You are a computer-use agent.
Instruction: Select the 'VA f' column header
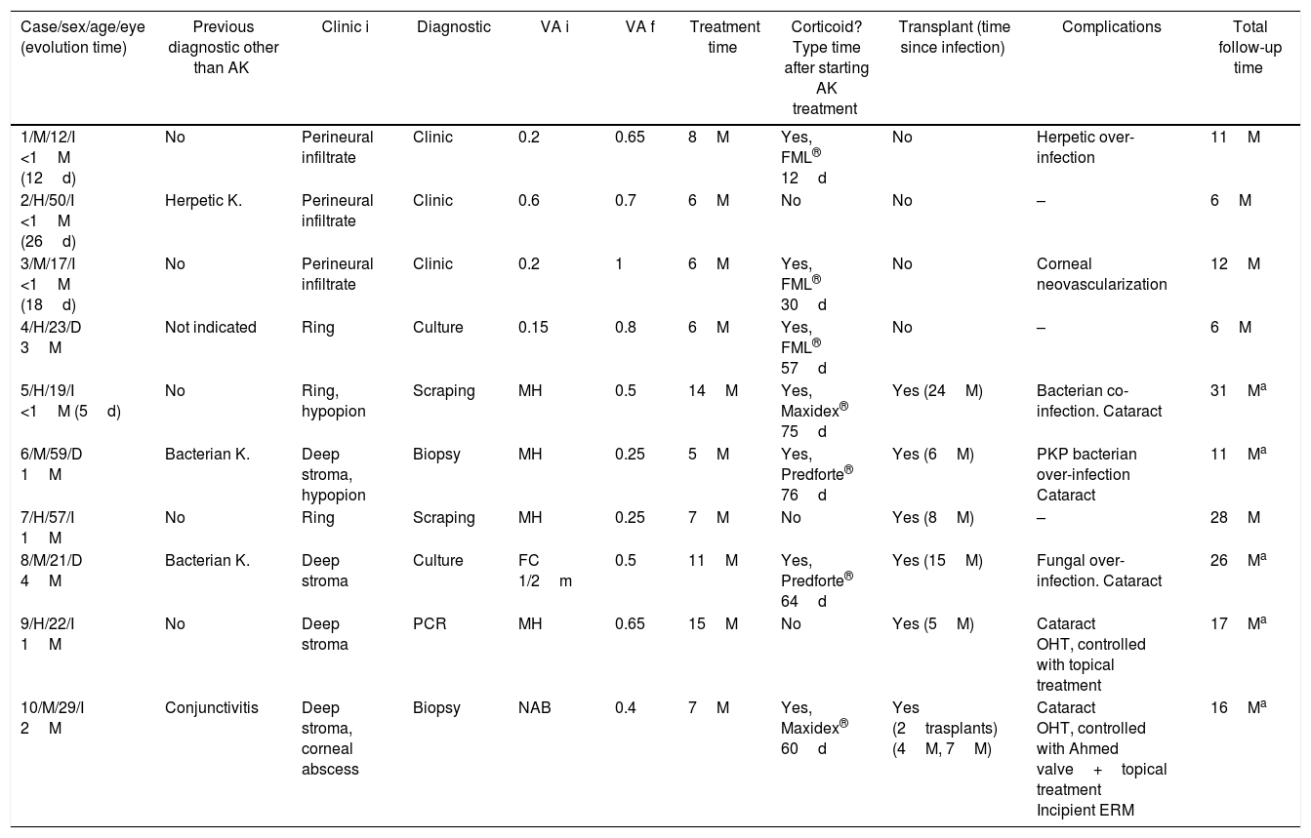coord(639,27)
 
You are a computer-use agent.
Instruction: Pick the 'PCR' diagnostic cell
coord(430,624)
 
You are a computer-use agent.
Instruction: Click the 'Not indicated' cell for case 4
coord(210,328)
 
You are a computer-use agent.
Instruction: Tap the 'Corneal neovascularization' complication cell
coord(1101,274)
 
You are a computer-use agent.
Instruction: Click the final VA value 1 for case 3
coord(619,264)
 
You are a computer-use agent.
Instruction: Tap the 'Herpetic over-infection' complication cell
coord(1085,147)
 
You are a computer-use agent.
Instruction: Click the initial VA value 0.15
coord(533,328)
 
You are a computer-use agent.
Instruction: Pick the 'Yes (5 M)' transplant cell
coord(932,624)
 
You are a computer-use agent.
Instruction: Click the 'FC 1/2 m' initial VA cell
coord(545,571)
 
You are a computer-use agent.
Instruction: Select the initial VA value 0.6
coord(529,201)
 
